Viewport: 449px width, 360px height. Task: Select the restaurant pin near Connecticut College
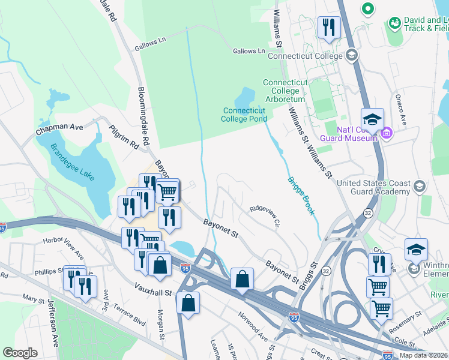pos(328,28)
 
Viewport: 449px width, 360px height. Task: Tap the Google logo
pos(20,353)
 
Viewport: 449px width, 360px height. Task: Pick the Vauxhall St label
pos(153,293)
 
